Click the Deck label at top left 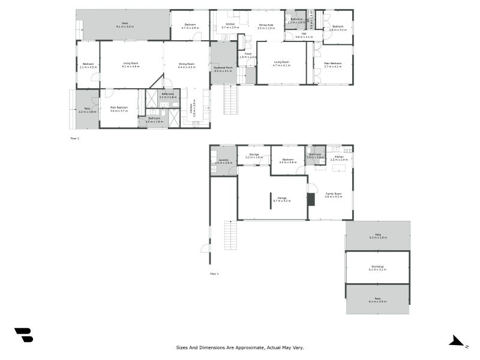(125, 25)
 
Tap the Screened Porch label (224, 69)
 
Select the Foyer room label (248, 55)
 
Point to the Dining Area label (266, 25)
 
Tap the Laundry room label (223, 161)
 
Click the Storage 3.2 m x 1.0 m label (253, 156)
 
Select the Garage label (281, 199)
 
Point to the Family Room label (334, 195)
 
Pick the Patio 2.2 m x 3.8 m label (87, 110)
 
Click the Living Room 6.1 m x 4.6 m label (131, 65)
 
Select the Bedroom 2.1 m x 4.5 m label (88, 65)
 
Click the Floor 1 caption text (214, 274)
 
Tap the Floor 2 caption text (75, 138)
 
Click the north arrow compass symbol (458, 341)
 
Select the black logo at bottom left (23, 335)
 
